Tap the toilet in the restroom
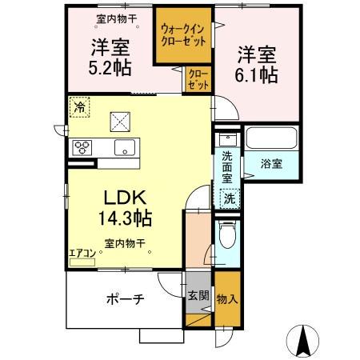click(x=228, y=237)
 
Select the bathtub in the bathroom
click(x=271, y=138)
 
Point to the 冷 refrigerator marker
click(x=79, y=106)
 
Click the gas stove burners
click(x=82, y=146)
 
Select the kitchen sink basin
click(x=125, y=146)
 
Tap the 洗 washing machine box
click(x=229, y=197)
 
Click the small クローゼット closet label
click(x=198, y=80)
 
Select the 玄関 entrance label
click(x=199, y=295)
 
